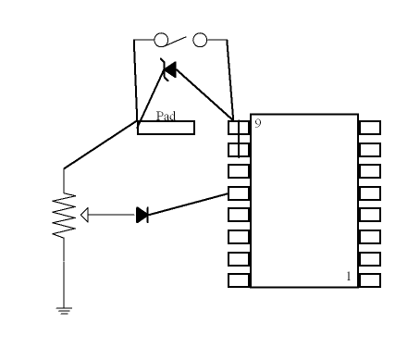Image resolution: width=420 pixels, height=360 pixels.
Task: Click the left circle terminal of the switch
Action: (160, 40)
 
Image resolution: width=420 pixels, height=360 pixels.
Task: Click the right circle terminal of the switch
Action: (199, 40)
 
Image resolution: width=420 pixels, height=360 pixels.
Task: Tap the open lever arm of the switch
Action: (178, 38)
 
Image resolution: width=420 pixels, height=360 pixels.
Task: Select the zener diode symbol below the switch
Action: (169, 69)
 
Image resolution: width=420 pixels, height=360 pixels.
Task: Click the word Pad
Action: (166, 116)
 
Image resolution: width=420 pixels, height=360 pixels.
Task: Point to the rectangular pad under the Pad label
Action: (166, 128)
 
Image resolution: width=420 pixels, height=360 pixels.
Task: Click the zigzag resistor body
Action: (64, 215)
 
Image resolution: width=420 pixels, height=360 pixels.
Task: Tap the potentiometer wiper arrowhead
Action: (85, 215)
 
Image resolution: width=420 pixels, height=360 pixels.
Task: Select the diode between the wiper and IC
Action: (142, 215)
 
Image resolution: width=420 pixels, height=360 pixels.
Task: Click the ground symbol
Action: (64, 311)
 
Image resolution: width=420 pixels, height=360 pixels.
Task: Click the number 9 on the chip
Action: (258, 123)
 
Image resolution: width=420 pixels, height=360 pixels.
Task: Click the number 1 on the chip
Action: (349, 276)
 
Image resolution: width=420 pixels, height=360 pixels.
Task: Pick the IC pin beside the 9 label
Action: (239, 128)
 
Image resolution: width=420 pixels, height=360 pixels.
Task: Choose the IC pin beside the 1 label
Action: (369, 279)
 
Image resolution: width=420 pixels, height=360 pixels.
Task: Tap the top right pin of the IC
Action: (369, 128)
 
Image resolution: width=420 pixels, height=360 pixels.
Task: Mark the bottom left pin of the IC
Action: (239, 279)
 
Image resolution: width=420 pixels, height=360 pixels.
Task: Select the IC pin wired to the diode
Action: (239, 192)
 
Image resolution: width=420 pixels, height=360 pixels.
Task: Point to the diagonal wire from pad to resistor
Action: (100, 145)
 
